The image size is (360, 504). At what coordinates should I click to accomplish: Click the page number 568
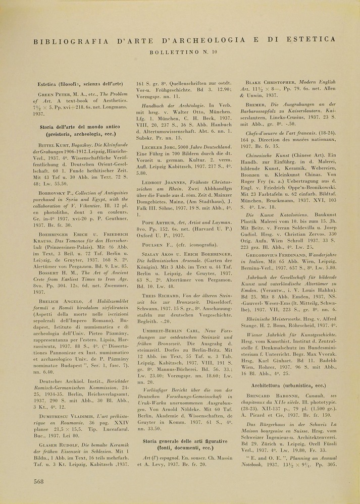pyautogui.click(x=38, y=481)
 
